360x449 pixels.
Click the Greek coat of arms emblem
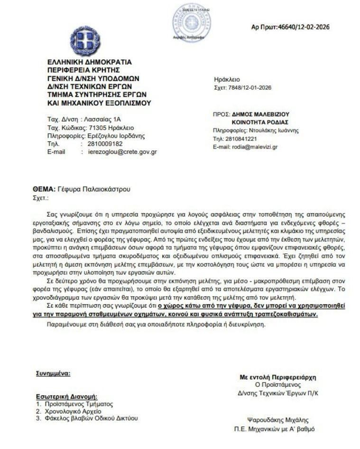pyautogui.click(x=85, y=41)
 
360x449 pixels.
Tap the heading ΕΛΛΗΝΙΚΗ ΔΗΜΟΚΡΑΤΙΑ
pyautogui.click(x=90, y=62)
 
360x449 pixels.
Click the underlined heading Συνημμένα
pyautogui.click(x=53, y=374)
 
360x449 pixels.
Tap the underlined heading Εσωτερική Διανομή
pyautogui.click(x=66, y=396)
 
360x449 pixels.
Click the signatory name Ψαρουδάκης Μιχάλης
pyautogui.click(x=278, y=420)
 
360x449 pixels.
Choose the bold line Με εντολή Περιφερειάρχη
pyautogui.click(x=278, y=377)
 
